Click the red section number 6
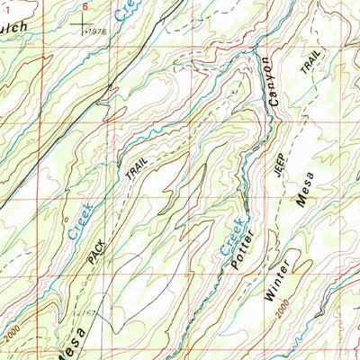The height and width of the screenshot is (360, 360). point(85,5)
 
